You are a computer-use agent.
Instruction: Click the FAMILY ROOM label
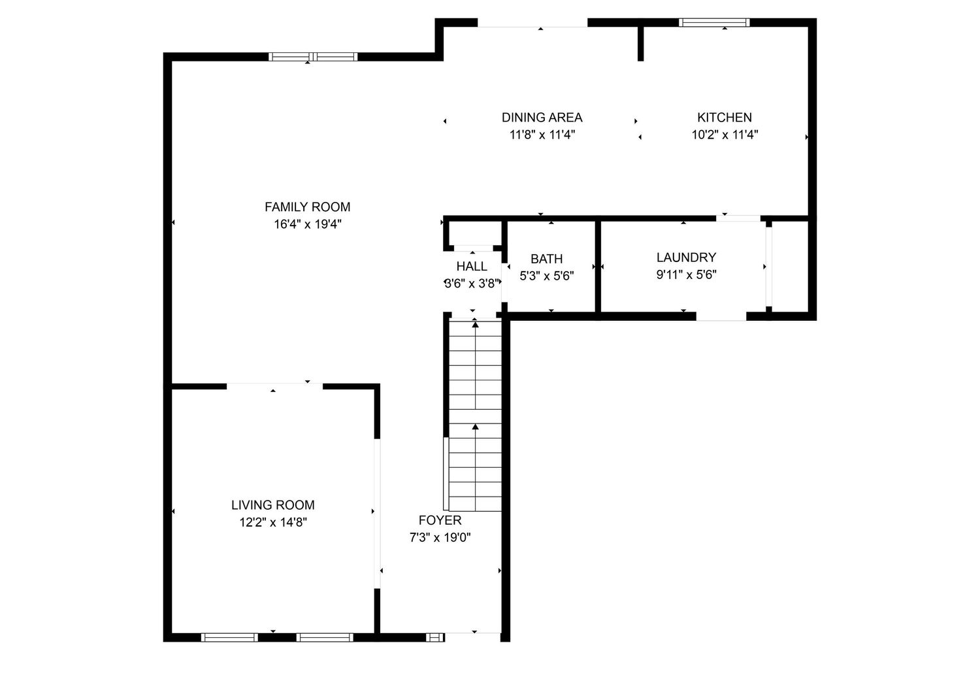pos(308,206)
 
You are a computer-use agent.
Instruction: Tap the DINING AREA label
pos(542,118)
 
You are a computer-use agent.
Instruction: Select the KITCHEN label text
pos(725,118)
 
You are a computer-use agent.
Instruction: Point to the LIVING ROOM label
pos(273,504)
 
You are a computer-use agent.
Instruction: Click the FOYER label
pos(440,520)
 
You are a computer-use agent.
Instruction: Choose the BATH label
pos(546,259)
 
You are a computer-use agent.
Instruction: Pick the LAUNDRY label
pos(687,257)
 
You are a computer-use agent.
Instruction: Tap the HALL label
pos(472,266)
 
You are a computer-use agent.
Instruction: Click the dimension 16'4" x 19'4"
pos(308,224)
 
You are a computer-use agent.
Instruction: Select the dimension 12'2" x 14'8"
pos(273,522)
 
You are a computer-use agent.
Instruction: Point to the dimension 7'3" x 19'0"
pos(440,538)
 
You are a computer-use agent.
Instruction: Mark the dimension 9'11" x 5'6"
pos(687,274)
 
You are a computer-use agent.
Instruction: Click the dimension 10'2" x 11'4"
pos(725,135)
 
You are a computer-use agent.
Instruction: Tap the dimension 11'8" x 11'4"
pos(542,135)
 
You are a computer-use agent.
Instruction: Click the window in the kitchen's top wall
pos(714,22)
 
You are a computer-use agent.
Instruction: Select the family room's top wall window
pos(313,56)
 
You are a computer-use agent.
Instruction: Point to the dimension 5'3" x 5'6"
pos(546,276)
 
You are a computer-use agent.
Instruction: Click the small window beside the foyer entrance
pos(435,637)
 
